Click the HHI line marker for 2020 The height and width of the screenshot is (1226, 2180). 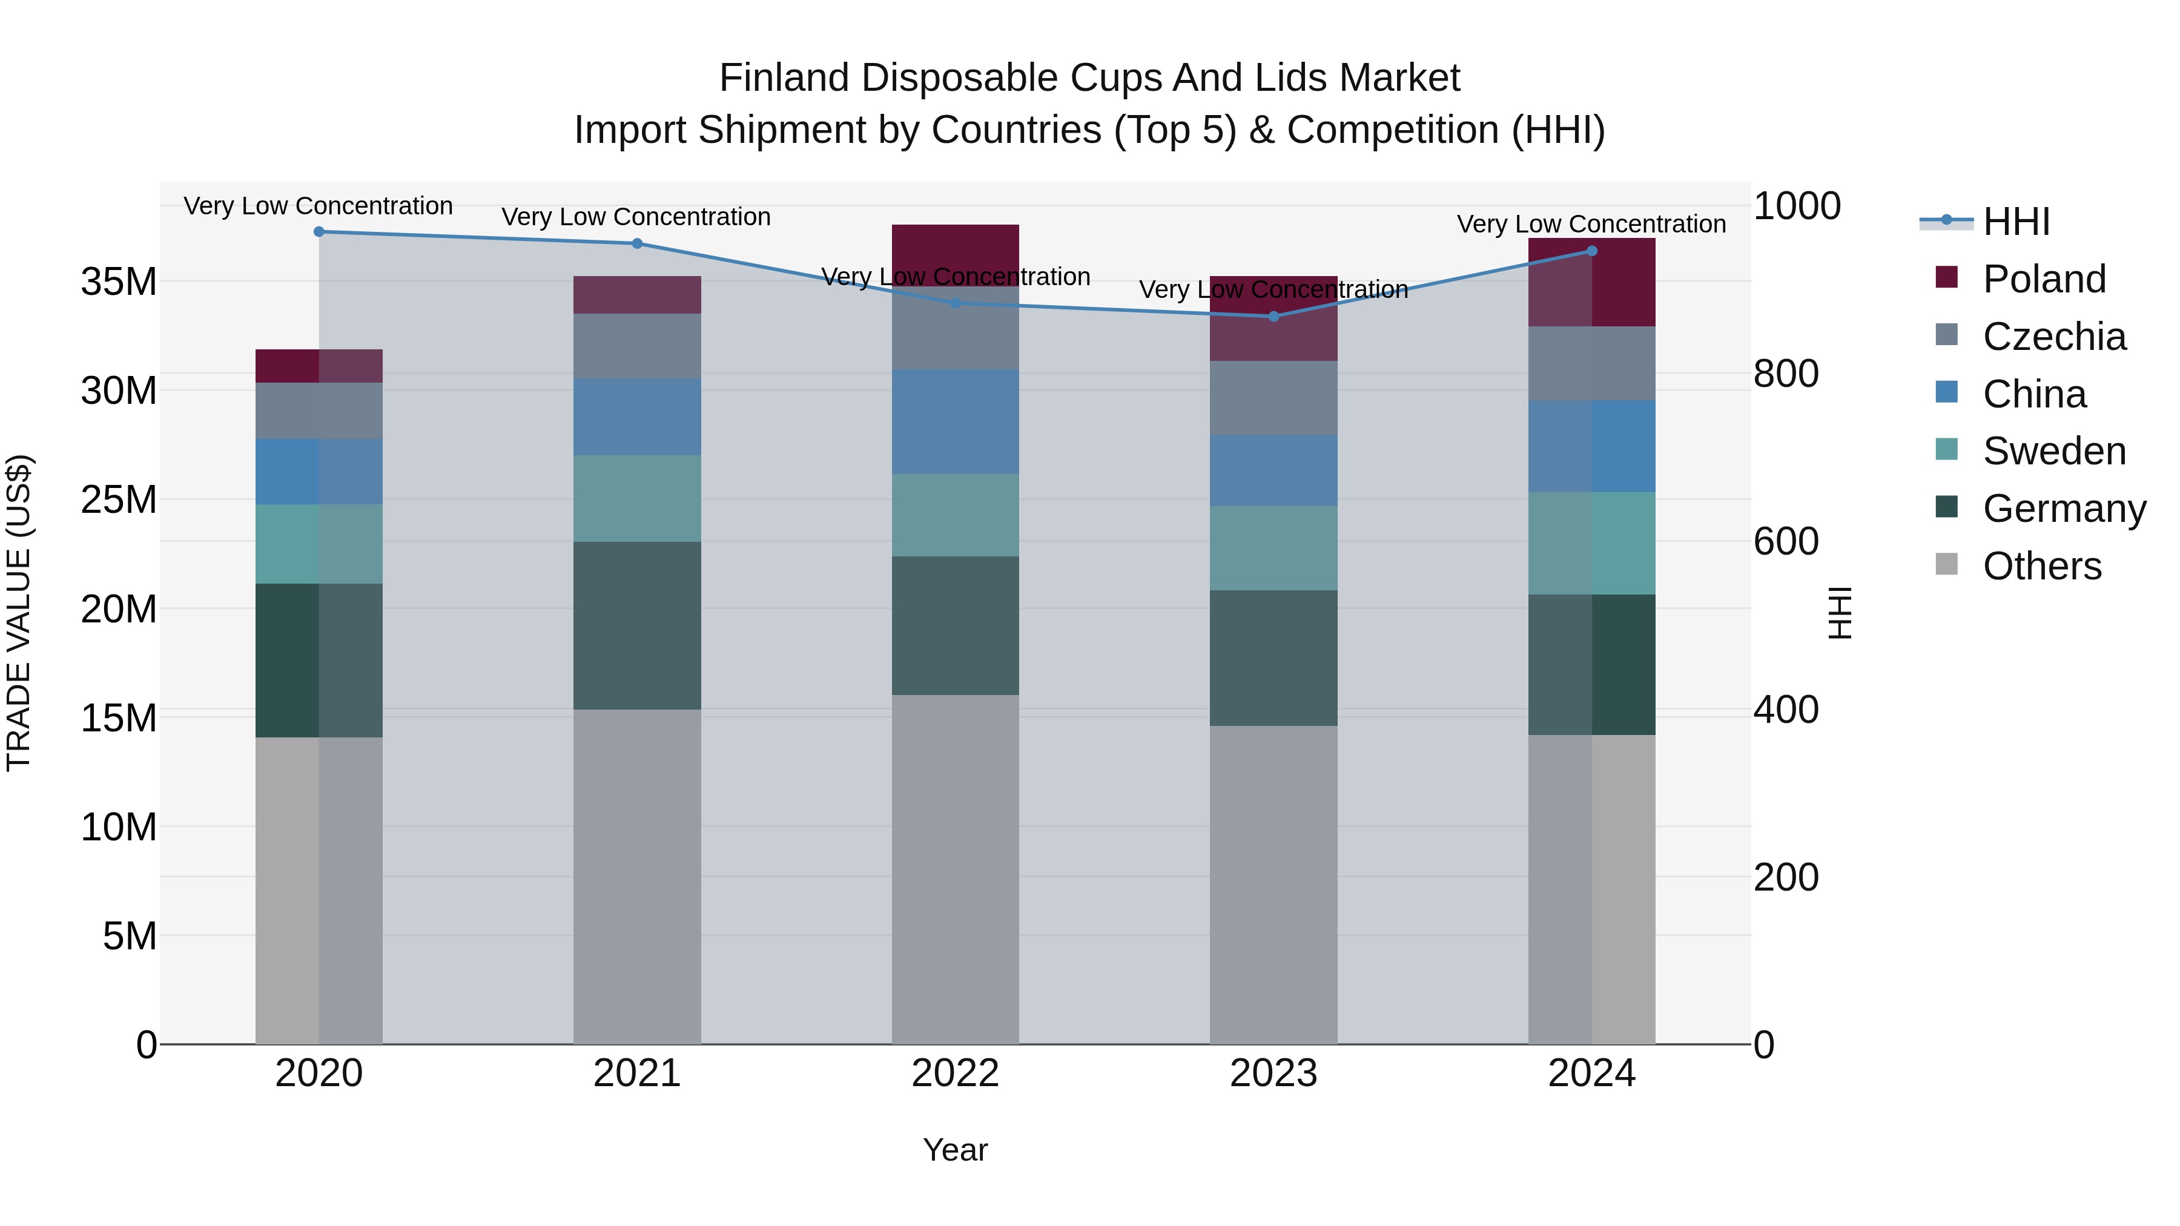point(319,232)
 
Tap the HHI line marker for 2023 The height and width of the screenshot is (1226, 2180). point(1273,317)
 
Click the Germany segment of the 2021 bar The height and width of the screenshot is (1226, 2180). point(637,625)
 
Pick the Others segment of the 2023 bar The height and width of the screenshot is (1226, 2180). point(1273,884)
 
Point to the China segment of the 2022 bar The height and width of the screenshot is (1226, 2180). point(956,421)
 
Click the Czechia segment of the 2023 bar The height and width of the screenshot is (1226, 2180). point(1273,398)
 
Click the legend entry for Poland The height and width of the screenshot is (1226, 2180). point(2044,279)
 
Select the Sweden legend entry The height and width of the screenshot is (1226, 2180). point(2054,451)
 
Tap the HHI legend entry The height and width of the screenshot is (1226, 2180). point(2016,222)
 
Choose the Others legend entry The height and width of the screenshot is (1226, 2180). point(2041,566)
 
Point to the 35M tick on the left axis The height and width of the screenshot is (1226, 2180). point(119,282)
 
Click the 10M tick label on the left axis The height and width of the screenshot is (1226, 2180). point(119,828)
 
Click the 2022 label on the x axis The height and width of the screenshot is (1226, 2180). point(956,1073)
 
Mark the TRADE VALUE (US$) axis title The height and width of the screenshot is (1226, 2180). point(19,613)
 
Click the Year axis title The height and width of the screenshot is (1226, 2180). point(956,1150)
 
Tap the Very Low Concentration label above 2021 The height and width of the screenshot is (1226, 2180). point(636,217)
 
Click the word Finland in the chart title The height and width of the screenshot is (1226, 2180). point(784,78)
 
